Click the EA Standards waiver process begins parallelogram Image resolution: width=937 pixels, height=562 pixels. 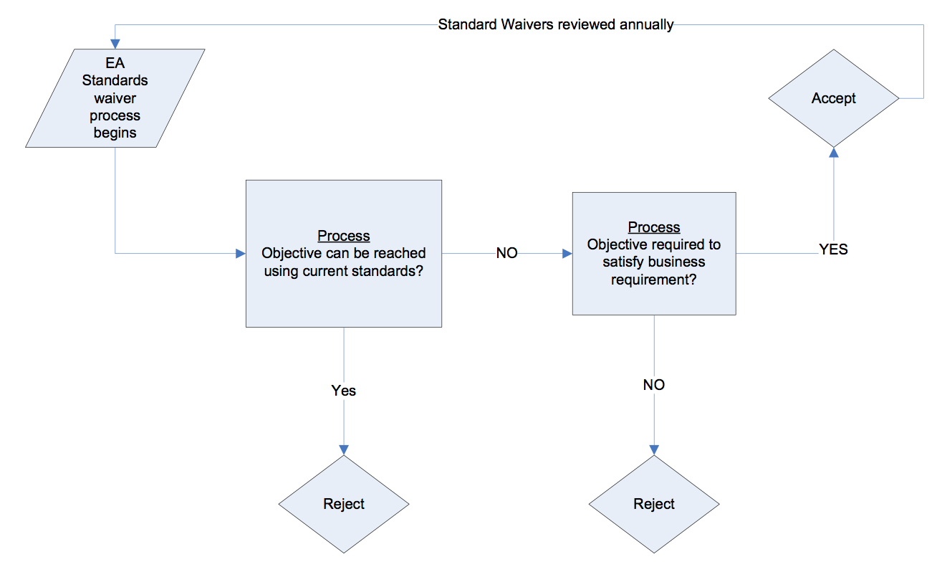(115, 98)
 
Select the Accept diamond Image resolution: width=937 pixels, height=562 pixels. (833, 98)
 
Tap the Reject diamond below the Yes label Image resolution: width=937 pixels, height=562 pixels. (344, 504)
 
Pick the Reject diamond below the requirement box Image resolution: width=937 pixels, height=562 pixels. (654, 504)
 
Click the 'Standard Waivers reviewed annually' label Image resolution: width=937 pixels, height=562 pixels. (556, 24)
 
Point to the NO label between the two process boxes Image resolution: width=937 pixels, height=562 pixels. (506, 254)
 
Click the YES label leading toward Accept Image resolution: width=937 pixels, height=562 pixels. (833, 249)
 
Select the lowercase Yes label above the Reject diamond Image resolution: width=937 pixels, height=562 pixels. (344, 391)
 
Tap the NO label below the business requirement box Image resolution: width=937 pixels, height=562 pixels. (654, 385)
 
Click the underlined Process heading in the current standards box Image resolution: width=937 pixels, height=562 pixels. (344, 236)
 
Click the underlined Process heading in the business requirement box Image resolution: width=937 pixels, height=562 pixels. (654, 227)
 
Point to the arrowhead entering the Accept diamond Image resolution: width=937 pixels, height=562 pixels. (833, 151)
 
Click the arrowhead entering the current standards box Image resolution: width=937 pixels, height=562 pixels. (241, 254)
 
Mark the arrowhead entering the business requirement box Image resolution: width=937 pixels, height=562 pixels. (567, 254)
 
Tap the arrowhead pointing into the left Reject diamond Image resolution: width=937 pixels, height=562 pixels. (344, 449)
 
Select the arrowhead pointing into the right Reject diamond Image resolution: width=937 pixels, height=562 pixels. (654, 449)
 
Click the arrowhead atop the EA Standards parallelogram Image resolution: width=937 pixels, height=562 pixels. (115, 44)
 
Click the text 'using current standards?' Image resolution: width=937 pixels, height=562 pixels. (344, 272)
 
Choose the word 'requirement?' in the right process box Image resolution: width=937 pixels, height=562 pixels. (654, 280)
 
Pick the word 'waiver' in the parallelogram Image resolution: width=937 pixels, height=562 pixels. (115, 98)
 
